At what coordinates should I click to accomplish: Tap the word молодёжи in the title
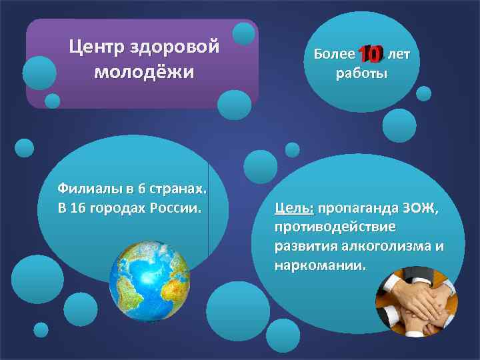(144, 71)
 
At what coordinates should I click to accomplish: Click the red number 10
(370, 53)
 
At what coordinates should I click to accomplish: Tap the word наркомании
(320, 265)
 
